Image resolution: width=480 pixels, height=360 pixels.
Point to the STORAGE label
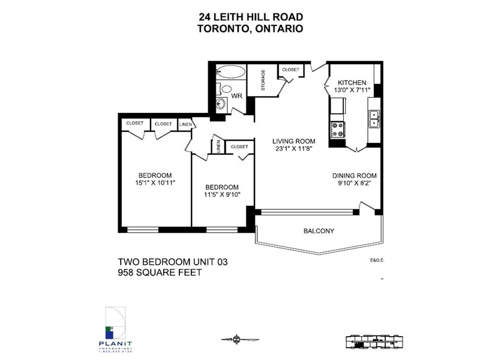coord(263,81)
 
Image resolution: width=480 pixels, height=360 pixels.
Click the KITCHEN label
coord(352,82)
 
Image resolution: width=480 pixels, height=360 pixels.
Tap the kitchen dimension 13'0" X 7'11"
coord(352,91)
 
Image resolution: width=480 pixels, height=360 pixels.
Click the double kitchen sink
coord(373,118)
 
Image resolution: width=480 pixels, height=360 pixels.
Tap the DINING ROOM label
coord(354,176)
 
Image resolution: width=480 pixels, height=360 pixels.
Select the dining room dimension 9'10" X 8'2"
coord(354,184)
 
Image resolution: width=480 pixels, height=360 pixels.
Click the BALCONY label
coord(319,231)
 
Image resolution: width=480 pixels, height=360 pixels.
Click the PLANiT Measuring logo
coord(114,327)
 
